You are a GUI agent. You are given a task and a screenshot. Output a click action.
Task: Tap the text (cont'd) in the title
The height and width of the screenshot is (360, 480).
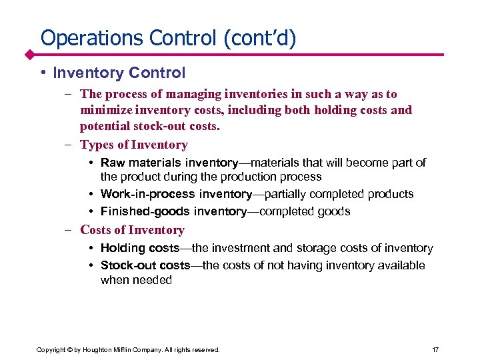[x=256, y=37]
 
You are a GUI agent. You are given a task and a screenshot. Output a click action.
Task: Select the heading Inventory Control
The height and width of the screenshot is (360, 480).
[x=119, y=72]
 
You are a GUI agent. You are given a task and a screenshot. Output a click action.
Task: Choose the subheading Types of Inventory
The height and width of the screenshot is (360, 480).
[x=133, y=145]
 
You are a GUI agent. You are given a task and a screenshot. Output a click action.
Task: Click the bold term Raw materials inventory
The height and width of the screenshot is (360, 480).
[x=169, y=163]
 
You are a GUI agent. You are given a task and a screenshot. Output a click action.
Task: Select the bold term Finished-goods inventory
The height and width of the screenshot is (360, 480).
[x=173, y=211]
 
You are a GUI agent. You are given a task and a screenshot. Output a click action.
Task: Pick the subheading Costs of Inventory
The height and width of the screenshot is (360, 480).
[x=132, y=230]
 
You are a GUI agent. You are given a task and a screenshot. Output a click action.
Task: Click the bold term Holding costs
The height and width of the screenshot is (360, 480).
[x=139, y=248]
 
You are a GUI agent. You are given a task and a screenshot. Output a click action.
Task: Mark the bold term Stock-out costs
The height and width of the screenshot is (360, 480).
[x=145, y=265]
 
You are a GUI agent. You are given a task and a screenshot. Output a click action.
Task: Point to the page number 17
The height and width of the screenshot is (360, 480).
[x=435, y=349]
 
